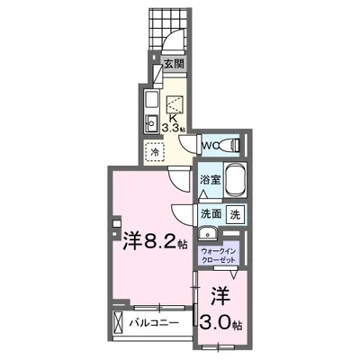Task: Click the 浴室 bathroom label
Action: [208, 182]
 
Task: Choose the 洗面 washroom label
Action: [211, 215]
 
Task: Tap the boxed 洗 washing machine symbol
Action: [234, 215]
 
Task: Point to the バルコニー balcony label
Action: [150, 322]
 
